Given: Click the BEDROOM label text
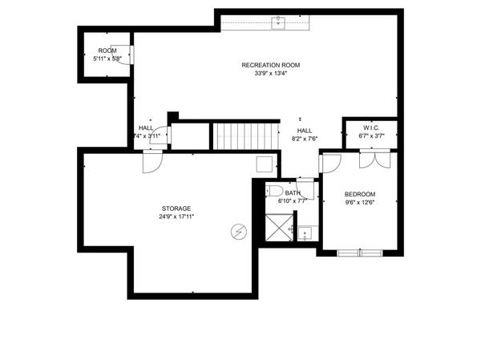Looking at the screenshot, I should coord(358,194).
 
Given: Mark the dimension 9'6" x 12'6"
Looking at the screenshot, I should coord(358,203).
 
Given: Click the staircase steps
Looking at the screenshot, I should coord(243,136).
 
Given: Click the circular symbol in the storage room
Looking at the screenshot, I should coord(238,232).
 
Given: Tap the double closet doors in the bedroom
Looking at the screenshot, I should coord(374,160).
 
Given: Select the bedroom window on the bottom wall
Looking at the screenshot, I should coord(360,253).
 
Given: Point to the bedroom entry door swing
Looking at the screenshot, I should coord(331,162).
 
